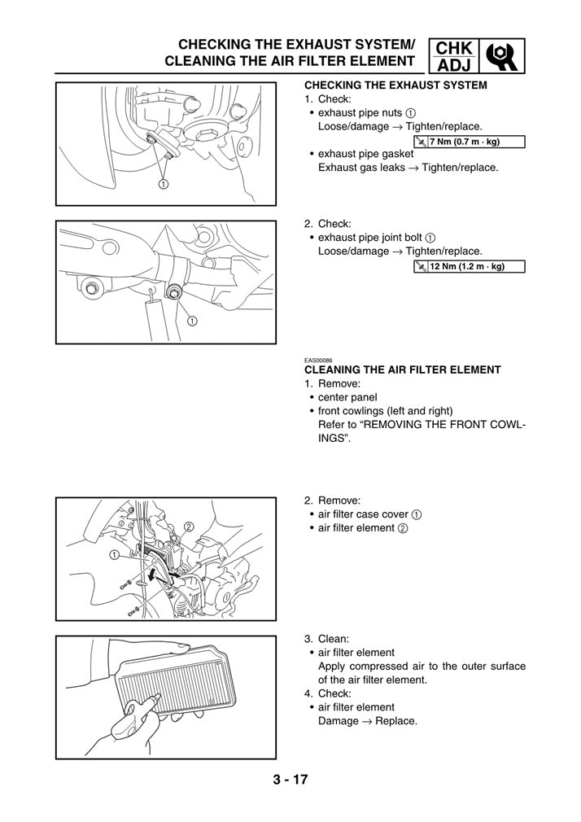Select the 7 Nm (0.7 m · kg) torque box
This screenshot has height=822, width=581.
470,142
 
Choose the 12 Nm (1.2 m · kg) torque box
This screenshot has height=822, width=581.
470,266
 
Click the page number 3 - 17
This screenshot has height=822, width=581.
290,780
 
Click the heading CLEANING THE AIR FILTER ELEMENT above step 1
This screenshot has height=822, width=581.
402,369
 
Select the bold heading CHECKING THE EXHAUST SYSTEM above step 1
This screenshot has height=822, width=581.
395,85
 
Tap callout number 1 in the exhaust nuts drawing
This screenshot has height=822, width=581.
164,184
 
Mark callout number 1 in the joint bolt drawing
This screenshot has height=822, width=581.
192,320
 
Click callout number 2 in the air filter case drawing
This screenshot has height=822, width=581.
189,527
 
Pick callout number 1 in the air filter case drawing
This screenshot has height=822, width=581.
114,554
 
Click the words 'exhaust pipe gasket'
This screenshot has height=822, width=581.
365,154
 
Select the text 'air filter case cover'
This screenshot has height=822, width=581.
363,514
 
